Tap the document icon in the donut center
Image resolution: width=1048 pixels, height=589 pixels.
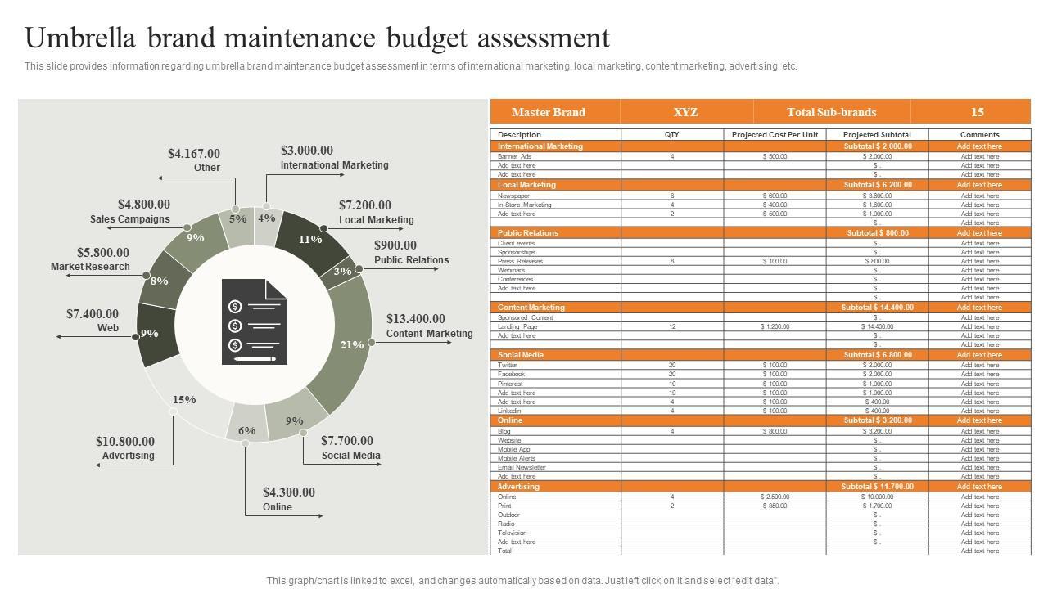[x=255, y=321]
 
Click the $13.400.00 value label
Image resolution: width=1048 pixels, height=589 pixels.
[x=416, y=319]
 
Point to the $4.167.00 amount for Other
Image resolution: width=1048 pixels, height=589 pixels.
[x=194, y=154]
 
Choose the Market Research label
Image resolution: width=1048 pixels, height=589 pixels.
[x=90, y=267]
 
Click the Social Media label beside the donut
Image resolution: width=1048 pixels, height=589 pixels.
[x=350, y=456]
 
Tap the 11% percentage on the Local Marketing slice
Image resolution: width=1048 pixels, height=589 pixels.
[x=309, y=240]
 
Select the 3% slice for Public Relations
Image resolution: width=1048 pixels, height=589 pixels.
[x=342, y=271]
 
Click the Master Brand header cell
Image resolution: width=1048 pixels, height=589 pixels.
[x=549, y=112]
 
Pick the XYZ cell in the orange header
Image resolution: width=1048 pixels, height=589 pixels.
[x=685, y=112]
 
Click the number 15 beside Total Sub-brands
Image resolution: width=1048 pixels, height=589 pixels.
[x=977, y=112]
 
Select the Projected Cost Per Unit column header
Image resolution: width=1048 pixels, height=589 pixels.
[x=775, y=135]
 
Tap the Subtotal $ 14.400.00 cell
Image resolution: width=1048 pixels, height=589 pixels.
[x=877, y=308]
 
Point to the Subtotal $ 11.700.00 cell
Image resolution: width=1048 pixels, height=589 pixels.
[x=877, y=487]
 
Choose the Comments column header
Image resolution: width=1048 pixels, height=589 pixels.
[x=979, y=135]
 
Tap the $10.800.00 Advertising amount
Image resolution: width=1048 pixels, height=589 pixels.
[x=125, y=442]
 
